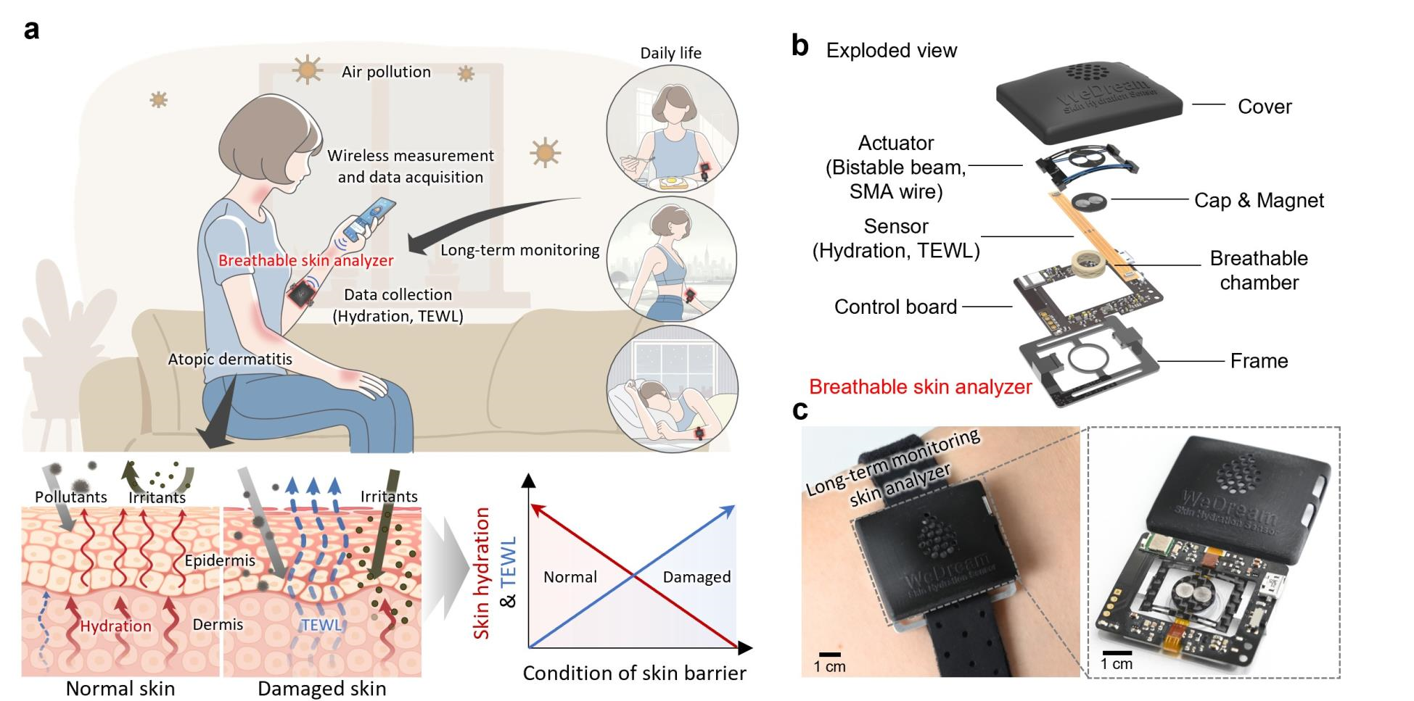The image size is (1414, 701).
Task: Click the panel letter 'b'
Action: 800,46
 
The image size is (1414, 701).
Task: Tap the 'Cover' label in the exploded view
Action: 1264,107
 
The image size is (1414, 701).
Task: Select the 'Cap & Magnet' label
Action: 1259,200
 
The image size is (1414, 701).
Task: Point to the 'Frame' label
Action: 1259,360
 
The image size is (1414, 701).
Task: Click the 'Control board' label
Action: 895,307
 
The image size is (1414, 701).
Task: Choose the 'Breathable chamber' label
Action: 1259,270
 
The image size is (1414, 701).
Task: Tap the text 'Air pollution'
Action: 386,72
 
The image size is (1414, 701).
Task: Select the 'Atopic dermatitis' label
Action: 230,359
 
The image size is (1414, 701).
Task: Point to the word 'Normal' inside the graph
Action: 570,577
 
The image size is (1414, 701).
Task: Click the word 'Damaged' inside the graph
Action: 696,577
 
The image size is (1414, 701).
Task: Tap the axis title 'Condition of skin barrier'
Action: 634,673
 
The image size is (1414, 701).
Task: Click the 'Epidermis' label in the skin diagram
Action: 220,560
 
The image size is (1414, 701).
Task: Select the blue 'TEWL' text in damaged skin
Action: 321,625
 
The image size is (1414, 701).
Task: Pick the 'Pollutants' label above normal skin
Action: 71,497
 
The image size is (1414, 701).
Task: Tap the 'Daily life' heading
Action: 670,53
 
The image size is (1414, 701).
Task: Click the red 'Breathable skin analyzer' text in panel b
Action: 920,386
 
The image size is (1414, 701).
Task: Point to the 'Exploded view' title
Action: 891,50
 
